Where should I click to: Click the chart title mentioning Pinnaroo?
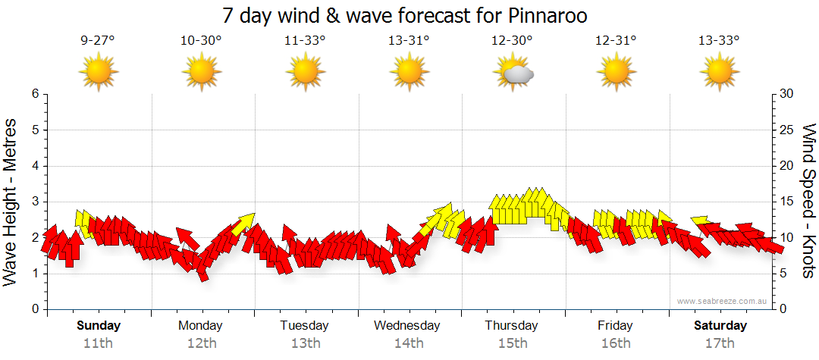[x=405, y=15]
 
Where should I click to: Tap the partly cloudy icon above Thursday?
[x=513, y=73]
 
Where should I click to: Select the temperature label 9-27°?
[x=98, y=41]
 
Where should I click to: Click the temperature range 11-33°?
[x=305, y=41]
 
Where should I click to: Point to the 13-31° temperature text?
[x=408, y=41]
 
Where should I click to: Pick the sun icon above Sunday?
[x=99, y=73]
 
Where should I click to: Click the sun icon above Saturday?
[x=719, y=73]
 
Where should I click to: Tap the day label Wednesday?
[x=407, y=326]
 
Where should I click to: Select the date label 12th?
[x=201, y=343]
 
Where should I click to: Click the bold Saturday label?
[x=720, y=326]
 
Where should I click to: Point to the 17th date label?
[x=720, y=343]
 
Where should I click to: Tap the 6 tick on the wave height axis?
[x=34, y=94]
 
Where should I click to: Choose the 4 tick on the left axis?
[x=34, y=166]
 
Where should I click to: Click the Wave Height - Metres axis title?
[x=11, y=202]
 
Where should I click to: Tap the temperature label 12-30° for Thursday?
[x=512, y=41]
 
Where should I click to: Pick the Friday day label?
[x=615, y=326]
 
